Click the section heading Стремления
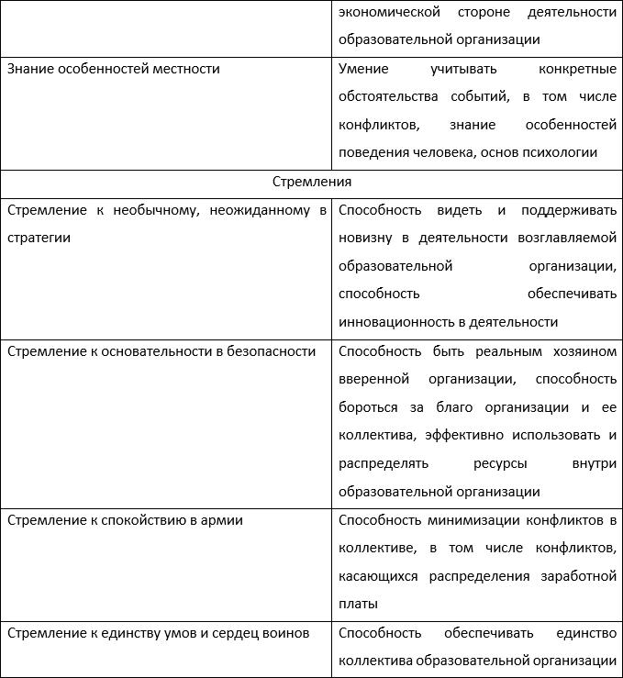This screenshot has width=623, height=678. [x=311, y=182]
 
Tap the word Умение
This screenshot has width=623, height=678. [x=363, y=69]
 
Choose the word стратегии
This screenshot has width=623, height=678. [x=39, y=238]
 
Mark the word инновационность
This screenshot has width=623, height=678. [x=392, y=322]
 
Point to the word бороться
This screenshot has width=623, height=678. [x=369, y=407]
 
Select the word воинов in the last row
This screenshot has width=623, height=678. [x=284, y=632]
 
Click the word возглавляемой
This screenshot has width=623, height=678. [x=568, y=238]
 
